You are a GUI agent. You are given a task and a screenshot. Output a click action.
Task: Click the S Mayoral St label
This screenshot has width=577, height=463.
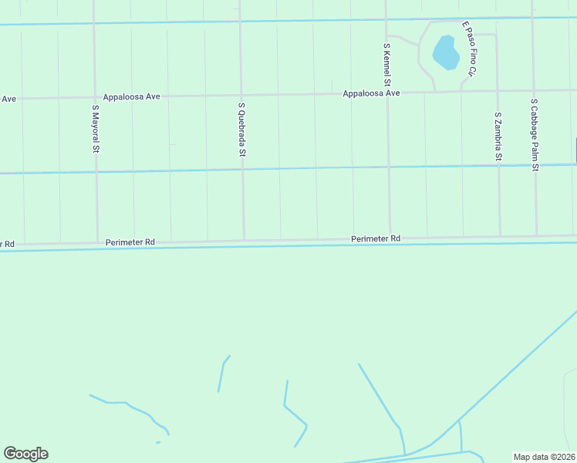coord(96,128)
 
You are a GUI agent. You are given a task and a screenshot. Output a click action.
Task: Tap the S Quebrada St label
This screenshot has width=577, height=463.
coord(241,130)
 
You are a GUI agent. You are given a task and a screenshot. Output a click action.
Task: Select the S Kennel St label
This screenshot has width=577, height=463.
coord(387,65)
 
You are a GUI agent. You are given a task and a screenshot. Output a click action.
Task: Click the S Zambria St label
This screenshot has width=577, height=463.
coord(498,136)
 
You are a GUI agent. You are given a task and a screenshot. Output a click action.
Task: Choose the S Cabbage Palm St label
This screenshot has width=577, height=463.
coord(534,134)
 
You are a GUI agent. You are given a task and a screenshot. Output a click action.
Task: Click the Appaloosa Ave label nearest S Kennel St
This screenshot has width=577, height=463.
coord(372,93)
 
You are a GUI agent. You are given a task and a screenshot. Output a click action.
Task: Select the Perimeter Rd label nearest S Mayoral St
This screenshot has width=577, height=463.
coord(131,242)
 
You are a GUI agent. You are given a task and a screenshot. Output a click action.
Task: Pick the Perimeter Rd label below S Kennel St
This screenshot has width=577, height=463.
coord(376,239)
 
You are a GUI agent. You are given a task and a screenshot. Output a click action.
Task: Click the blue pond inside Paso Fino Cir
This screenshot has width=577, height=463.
coord(446,52)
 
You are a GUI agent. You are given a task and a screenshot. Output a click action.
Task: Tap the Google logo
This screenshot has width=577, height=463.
coord(25,454)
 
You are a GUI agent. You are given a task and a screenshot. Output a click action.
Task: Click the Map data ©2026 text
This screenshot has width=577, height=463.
coord(545,456)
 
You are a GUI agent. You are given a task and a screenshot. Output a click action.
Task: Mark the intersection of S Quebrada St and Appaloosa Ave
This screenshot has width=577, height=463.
coord(241,96)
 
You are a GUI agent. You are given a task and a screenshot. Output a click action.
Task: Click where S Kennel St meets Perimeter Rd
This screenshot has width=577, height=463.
coord(390,238)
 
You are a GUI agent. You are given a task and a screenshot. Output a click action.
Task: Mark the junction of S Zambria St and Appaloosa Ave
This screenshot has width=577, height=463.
coord(498,91)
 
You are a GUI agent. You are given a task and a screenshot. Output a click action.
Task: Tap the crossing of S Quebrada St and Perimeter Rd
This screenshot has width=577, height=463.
coord(245,240)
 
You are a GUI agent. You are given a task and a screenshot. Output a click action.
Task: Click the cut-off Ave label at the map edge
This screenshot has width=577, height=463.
coord(8,99)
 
